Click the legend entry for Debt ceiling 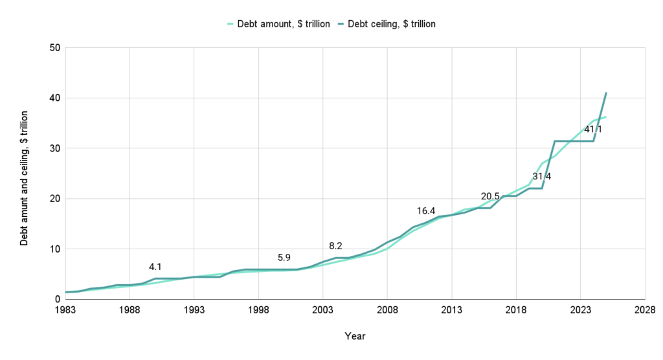391,24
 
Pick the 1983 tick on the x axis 65,310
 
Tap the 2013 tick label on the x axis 451,310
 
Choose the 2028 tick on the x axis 644,310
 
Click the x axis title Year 355,337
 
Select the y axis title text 24,174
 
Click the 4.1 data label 155,266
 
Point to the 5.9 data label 284,257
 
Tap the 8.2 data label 335,245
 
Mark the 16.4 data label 425,211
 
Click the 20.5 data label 489,196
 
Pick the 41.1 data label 592,129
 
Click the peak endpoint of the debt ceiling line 606,93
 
